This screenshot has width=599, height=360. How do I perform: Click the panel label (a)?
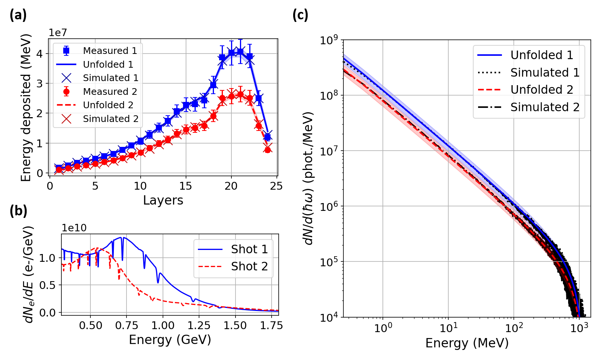pos(18,15)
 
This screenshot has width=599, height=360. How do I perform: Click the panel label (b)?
pos(18,211)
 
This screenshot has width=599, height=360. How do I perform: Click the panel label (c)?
pos(300,15)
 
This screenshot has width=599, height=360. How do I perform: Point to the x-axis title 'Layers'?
pos(163,200)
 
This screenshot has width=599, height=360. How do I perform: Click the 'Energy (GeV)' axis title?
pos(170,340)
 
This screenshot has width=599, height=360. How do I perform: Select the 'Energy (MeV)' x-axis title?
pos(467,343)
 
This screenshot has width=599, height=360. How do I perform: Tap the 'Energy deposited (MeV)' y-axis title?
pos(26,108)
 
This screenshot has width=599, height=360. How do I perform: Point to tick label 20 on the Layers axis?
pos(231,186)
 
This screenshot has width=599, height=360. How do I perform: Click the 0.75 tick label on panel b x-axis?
pos(126,326)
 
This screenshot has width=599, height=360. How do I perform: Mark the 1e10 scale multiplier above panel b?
pos(74,228)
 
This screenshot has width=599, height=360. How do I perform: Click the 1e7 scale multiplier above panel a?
pos(58,33)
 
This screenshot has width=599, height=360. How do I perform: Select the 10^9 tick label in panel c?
pos(329,39)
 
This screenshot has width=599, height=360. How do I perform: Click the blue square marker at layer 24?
pos(268,138)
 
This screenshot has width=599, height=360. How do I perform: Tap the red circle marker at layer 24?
pos(268,150)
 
